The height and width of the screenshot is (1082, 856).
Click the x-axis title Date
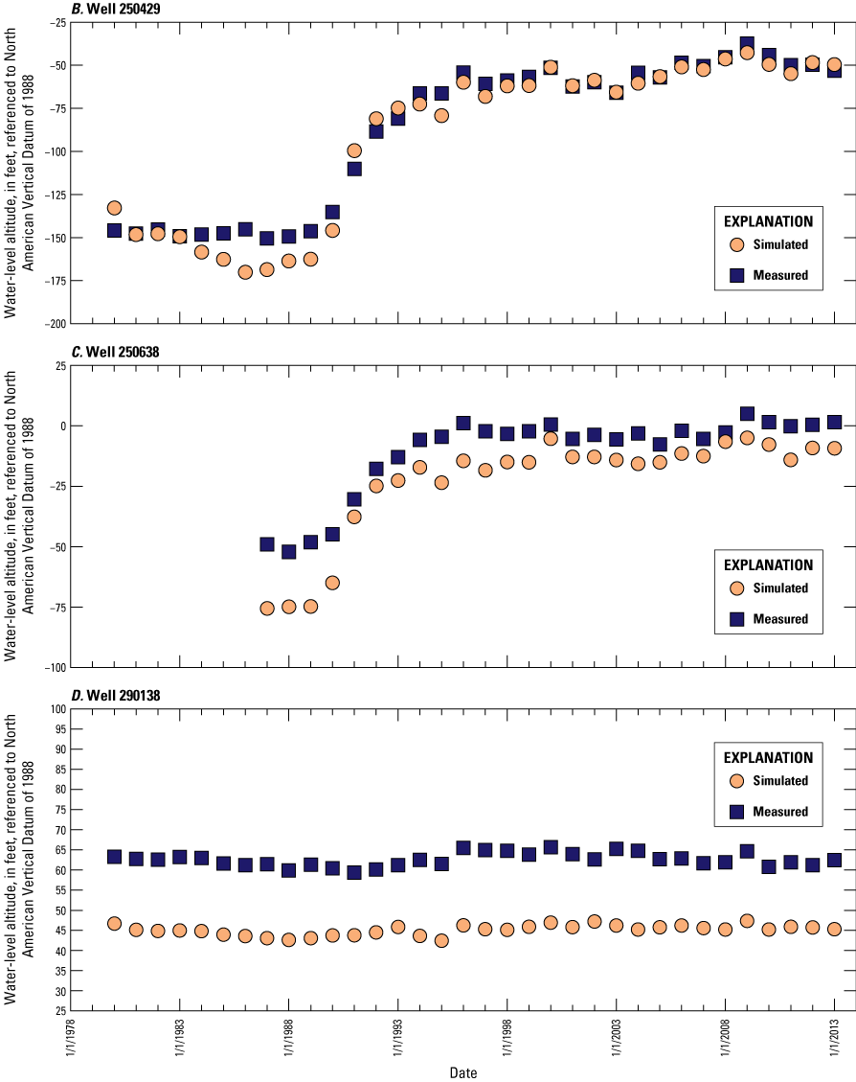click(x=462, y=1072)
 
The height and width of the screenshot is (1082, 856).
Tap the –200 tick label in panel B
click(x=69, y=323)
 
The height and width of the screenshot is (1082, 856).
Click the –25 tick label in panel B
click(x=71, y=22)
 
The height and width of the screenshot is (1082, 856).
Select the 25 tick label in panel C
click(x=74, y=366)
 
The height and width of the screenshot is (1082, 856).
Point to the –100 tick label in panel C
click(x=69, y=667)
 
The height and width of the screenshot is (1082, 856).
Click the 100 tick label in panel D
click(x=72, y=709)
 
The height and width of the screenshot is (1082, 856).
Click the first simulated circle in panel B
click(x=115, y=208)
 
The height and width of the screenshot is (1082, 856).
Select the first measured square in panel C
click(x=267, y=544)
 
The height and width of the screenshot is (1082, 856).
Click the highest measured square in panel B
click(x=747, y=44)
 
